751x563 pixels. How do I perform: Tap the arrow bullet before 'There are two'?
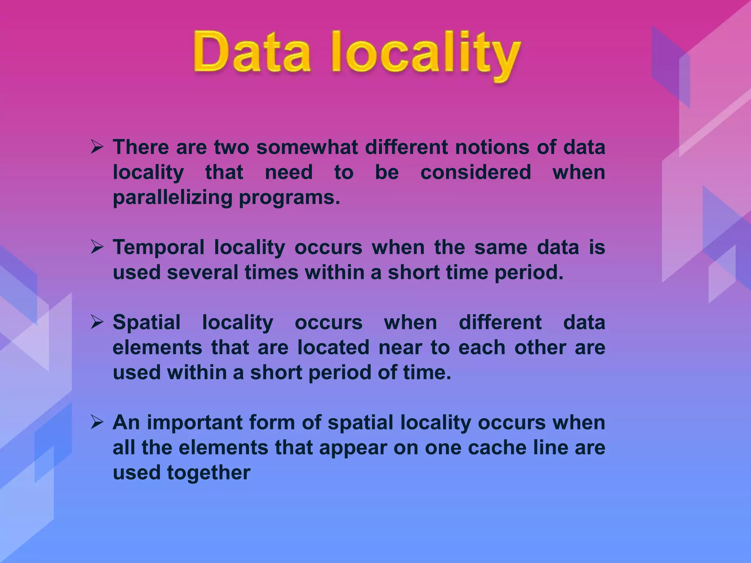tap(97, 147)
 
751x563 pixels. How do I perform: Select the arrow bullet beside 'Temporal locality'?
tap(97, 247)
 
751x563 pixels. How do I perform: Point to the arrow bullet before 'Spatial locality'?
tap(97, 323)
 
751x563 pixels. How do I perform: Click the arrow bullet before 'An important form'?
tap(97, 423)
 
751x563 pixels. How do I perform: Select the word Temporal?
tap(158, 247)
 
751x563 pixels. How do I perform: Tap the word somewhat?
tap(307, 147)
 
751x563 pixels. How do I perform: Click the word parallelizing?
tap(172, 198)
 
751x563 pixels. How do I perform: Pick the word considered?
tap(476, 172)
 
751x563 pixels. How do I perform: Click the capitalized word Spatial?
tap(147, 323)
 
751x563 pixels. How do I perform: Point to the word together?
tap(209, 473)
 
